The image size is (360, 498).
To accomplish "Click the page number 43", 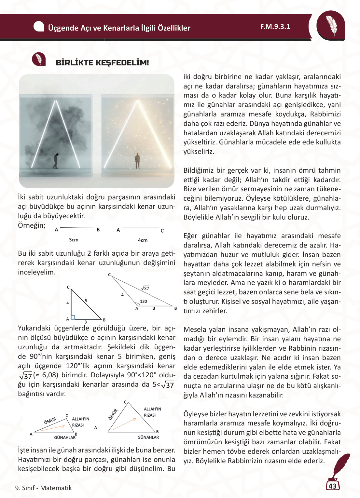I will coord(332,486).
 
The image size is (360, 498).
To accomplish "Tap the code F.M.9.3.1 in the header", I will coord(275,27).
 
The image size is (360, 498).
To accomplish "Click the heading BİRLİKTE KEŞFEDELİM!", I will coord(102,63).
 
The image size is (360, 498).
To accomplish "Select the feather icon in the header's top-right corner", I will coord(331,26).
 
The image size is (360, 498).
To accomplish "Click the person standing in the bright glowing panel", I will coord(137,161).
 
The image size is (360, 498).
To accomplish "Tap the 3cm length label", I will coord(74,240).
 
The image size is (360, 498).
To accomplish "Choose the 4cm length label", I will coord(143,240).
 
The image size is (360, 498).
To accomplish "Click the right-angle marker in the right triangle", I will coord(73,317).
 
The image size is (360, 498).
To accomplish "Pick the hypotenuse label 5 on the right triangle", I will coord(86,301).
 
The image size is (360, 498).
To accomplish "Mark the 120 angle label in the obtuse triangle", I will coord(143,301).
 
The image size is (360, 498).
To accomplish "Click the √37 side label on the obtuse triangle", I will coord(145,288).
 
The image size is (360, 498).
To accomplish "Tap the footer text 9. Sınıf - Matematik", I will coord(43,488).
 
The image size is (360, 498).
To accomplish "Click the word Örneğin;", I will coord(32,225).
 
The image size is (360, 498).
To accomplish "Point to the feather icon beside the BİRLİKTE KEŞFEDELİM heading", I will coord(39,59).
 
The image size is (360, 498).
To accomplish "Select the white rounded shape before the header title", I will coord(39,27).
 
